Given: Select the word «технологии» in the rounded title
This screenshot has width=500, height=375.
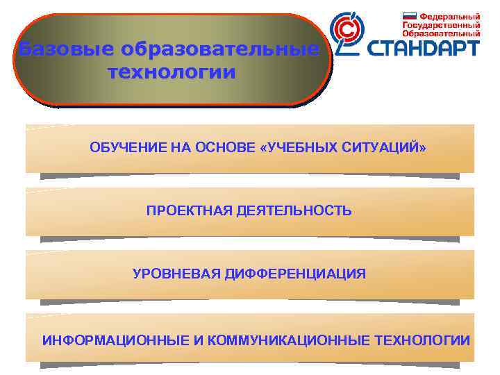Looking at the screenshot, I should pos(172,72).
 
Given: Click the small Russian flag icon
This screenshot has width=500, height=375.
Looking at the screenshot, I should pos(409,15).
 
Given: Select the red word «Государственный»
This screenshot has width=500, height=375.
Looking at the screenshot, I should pos(441,24).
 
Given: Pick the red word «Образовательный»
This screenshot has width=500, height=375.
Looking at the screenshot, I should pos(442,33).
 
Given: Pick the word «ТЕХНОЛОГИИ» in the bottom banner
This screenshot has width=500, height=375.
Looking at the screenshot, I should pos(422,340).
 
